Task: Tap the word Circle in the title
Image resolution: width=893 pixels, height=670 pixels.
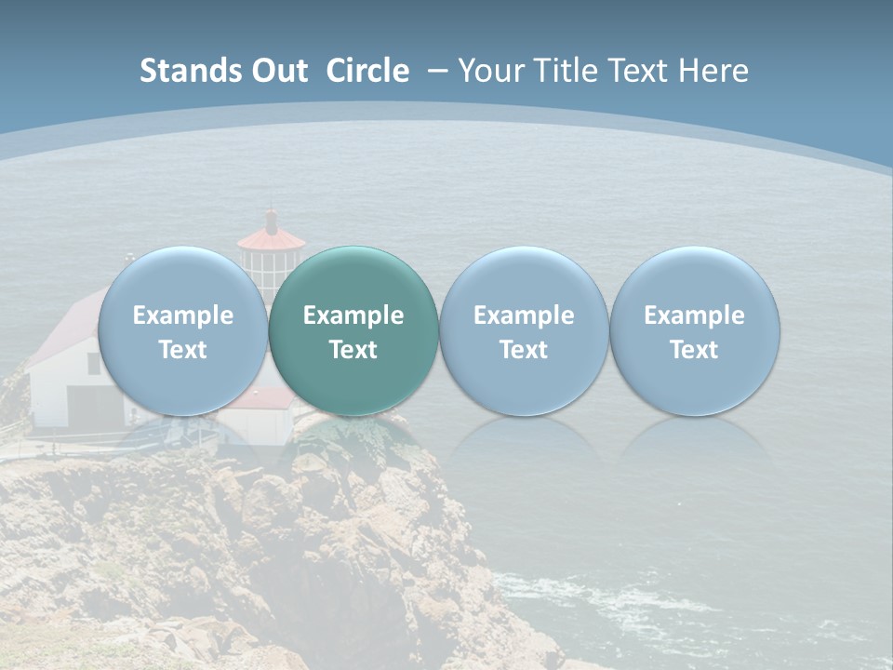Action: [367, 71]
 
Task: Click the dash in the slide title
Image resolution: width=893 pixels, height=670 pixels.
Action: [438, 71]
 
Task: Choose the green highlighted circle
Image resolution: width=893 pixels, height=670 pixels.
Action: [353, 330]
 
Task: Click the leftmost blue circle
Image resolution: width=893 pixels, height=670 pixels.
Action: [182, 330]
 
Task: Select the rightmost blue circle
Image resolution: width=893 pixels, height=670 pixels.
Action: [695, 330]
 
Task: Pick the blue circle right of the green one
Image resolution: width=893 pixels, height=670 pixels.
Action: [524, 330]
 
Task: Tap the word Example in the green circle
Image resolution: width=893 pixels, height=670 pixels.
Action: [353, 315]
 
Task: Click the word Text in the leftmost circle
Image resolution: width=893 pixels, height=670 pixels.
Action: [182, 350]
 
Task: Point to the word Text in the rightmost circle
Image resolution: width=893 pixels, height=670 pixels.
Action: [695, 350]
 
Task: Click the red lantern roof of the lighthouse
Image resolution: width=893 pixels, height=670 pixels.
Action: [271, 240]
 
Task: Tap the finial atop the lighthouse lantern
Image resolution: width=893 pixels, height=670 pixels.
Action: [271, 220]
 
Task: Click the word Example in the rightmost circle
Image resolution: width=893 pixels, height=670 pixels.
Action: [695, 315]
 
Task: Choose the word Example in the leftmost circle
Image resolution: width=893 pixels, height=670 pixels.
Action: [182, 315]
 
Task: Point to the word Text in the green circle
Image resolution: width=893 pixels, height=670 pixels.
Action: [353, 350]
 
